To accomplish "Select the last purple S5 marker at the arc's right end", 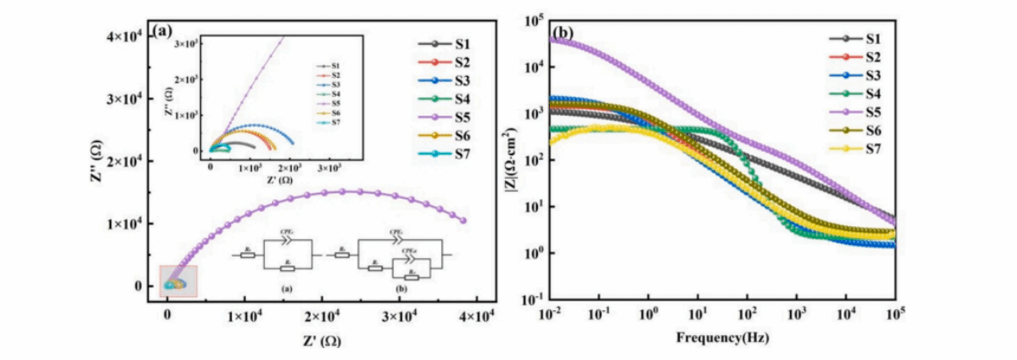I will pyautogui.click(x=464, y=220).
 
